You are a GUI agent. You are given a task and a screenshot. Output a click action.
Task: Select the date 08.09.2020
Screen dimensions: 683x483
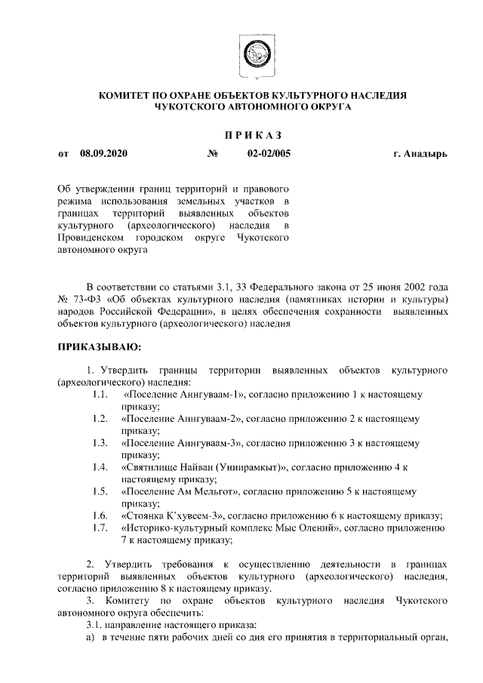pyautogui.click(x=103, y=155)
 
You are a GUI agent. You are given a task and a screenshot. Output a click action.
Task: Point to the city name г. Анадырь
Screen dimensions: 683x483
pyautogui.click(x=420, y=155)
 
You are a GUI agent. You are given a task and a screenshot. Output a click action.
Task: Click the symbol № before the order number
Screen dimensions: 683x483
pyautogui.click(x=212, y=155)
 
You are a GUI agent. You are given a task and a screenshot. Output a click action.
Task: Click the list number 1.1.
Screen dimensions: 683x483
pyautogui.click(x=98, y=395)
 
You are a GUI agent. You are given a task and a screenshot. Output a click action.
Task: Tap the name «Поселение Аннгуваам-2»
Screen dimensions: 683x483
pyautogui.click(x=181, y=418)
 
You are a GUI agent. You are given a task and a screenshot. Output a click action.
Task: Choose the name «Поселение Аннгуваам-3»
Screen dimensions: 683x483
pyautogui.click(x=181, y=442)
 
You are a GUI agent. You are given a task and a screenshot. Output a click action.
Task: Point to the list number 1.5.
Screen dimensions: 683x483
pyautogui.click(x=98, y=491)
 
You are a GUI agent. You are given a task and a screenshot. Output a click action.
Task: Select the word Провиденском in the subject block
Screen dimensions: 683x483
pyautogui.click(x=91, y=239)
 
